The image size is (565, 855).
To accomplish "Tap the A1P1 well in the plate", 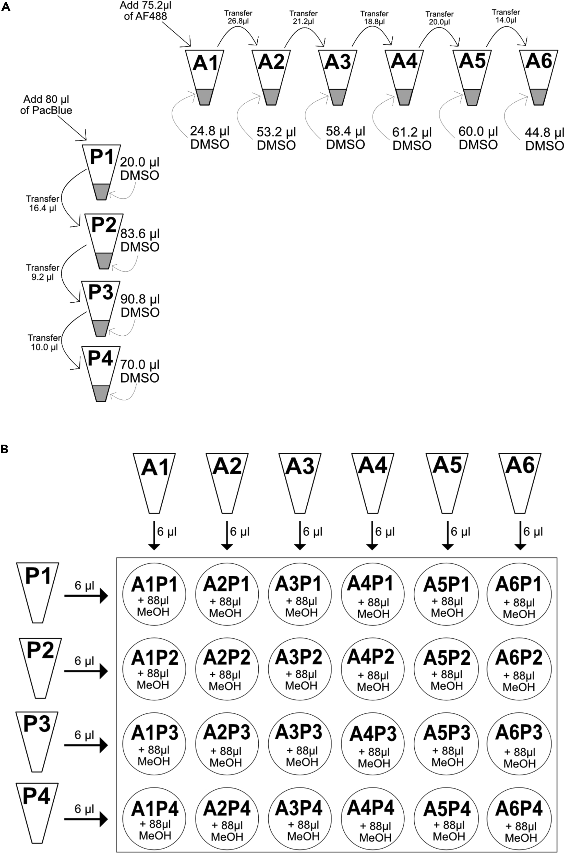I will [154, 595].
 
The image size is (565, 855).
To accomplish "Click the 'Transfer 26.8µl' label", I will [238, 17].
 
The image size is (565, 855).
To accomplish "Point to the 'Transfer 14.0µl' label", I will [506, 16].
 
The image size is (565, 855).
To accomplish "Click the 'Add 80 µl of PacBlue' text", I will [46, 104].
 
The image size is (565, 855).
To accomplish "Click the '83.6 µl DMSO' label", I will [140, 241].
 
